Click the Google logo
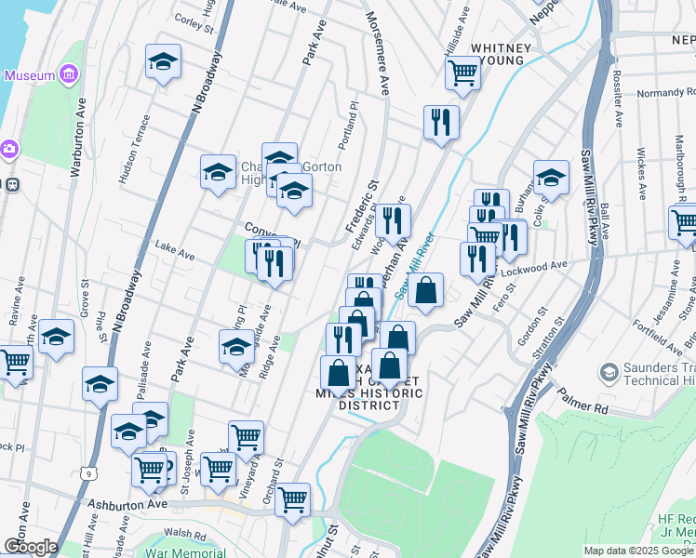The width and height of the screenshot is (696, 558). coord(31,547)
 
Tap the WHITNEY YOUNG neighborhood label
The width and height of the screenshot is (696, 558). coord(502,53)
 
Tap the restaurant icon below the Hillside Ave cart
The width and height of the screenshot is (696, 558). coord(441,121)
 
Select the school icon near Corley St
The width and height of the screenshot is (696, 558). coord(163,61)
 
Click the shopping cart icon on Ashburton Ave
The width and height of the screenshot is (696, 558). coord(292,498)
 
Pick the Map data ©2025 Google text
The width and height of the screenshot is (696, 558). coord(638,551)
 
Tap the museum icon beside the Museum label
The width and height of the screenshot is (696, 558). coord(69,74)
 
